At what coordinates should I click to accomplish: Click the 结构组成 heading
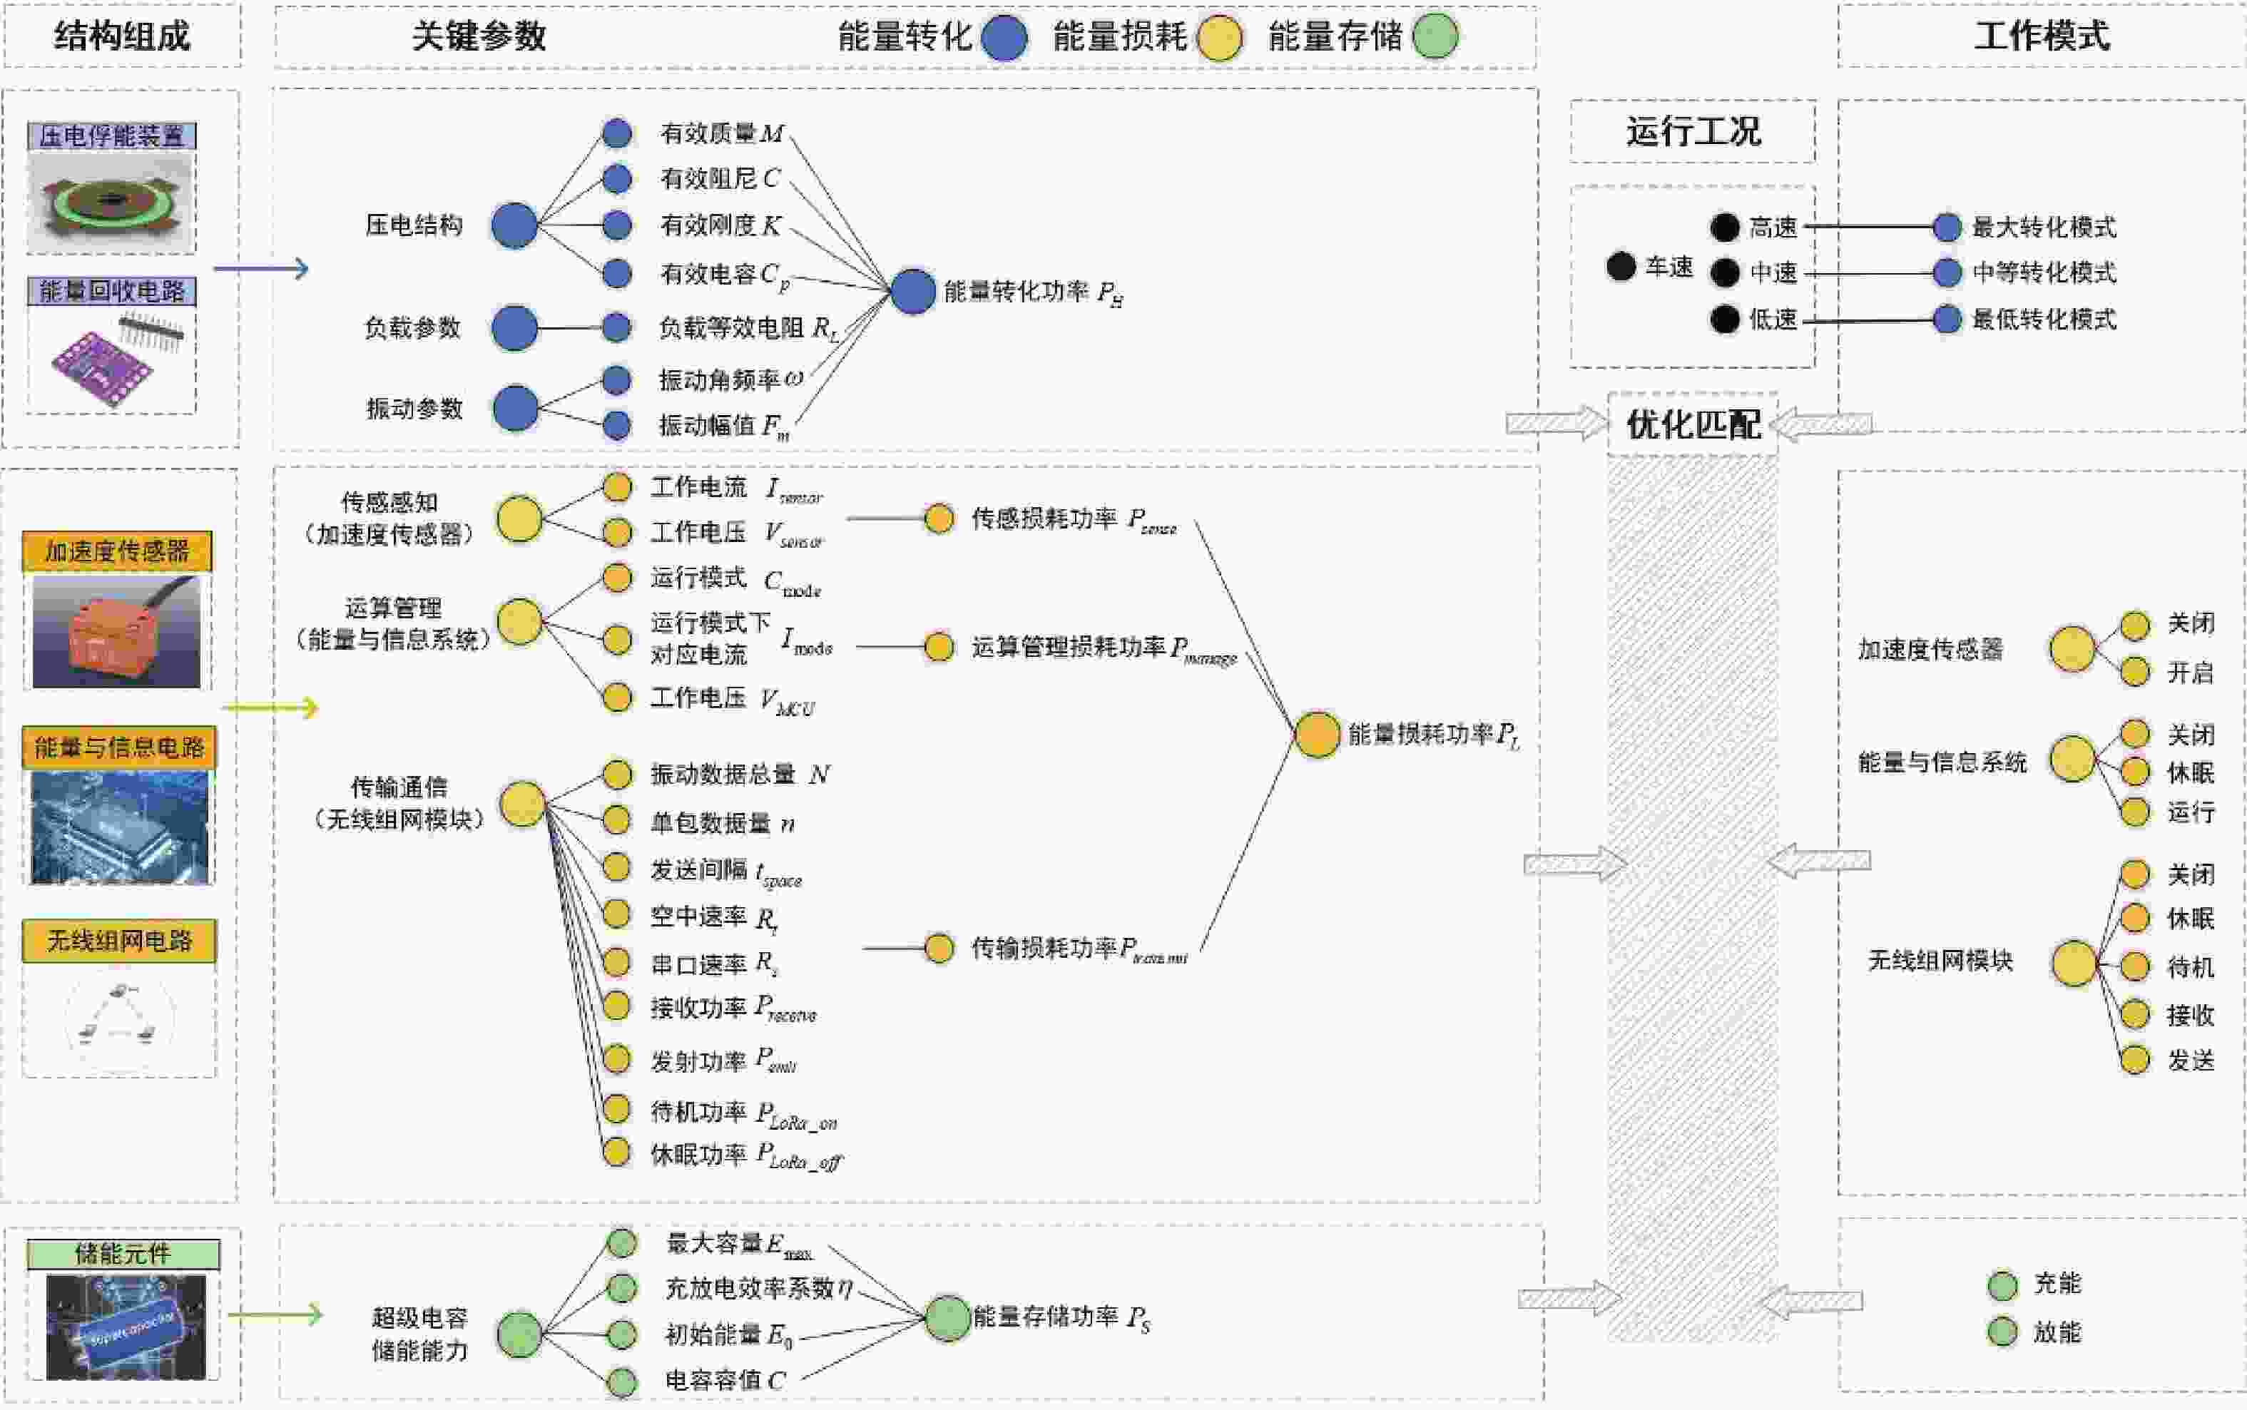tap(122, 36)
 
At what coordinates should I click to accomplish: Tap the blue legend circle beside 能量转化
tap(1004, 37)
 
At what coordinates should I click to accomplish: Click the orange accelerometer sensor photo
tap(116, 631)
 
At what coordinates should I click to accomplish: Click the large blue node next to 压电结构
tap(514, 225)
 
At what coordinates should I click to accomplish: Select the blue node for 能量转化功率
tap(913, 292)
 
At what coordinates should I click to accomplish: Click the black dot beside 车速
tap(1621, 267)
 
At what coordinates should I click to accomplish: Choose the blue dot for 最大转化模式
tap(1947, 227)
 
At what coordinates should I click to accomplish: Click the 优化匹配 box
tap(1693, 424)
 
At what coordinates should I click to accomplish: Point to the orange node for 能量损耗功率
tap(1317, 735)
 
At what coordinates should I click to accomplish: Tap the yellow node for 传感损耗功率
tap(938, 518)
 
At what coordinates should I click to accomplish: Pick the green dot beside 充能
tap(2002, 1285)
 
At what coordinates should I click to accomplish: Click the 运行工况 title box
tap(1693, 131)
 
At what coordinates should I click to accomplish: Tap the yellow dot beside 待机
tap(2135, 966)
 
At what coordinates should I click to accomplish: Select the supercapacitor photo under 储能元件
tap(126, 1327)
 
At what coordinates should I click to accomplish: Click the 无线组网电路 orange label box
tap(119, 941)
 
